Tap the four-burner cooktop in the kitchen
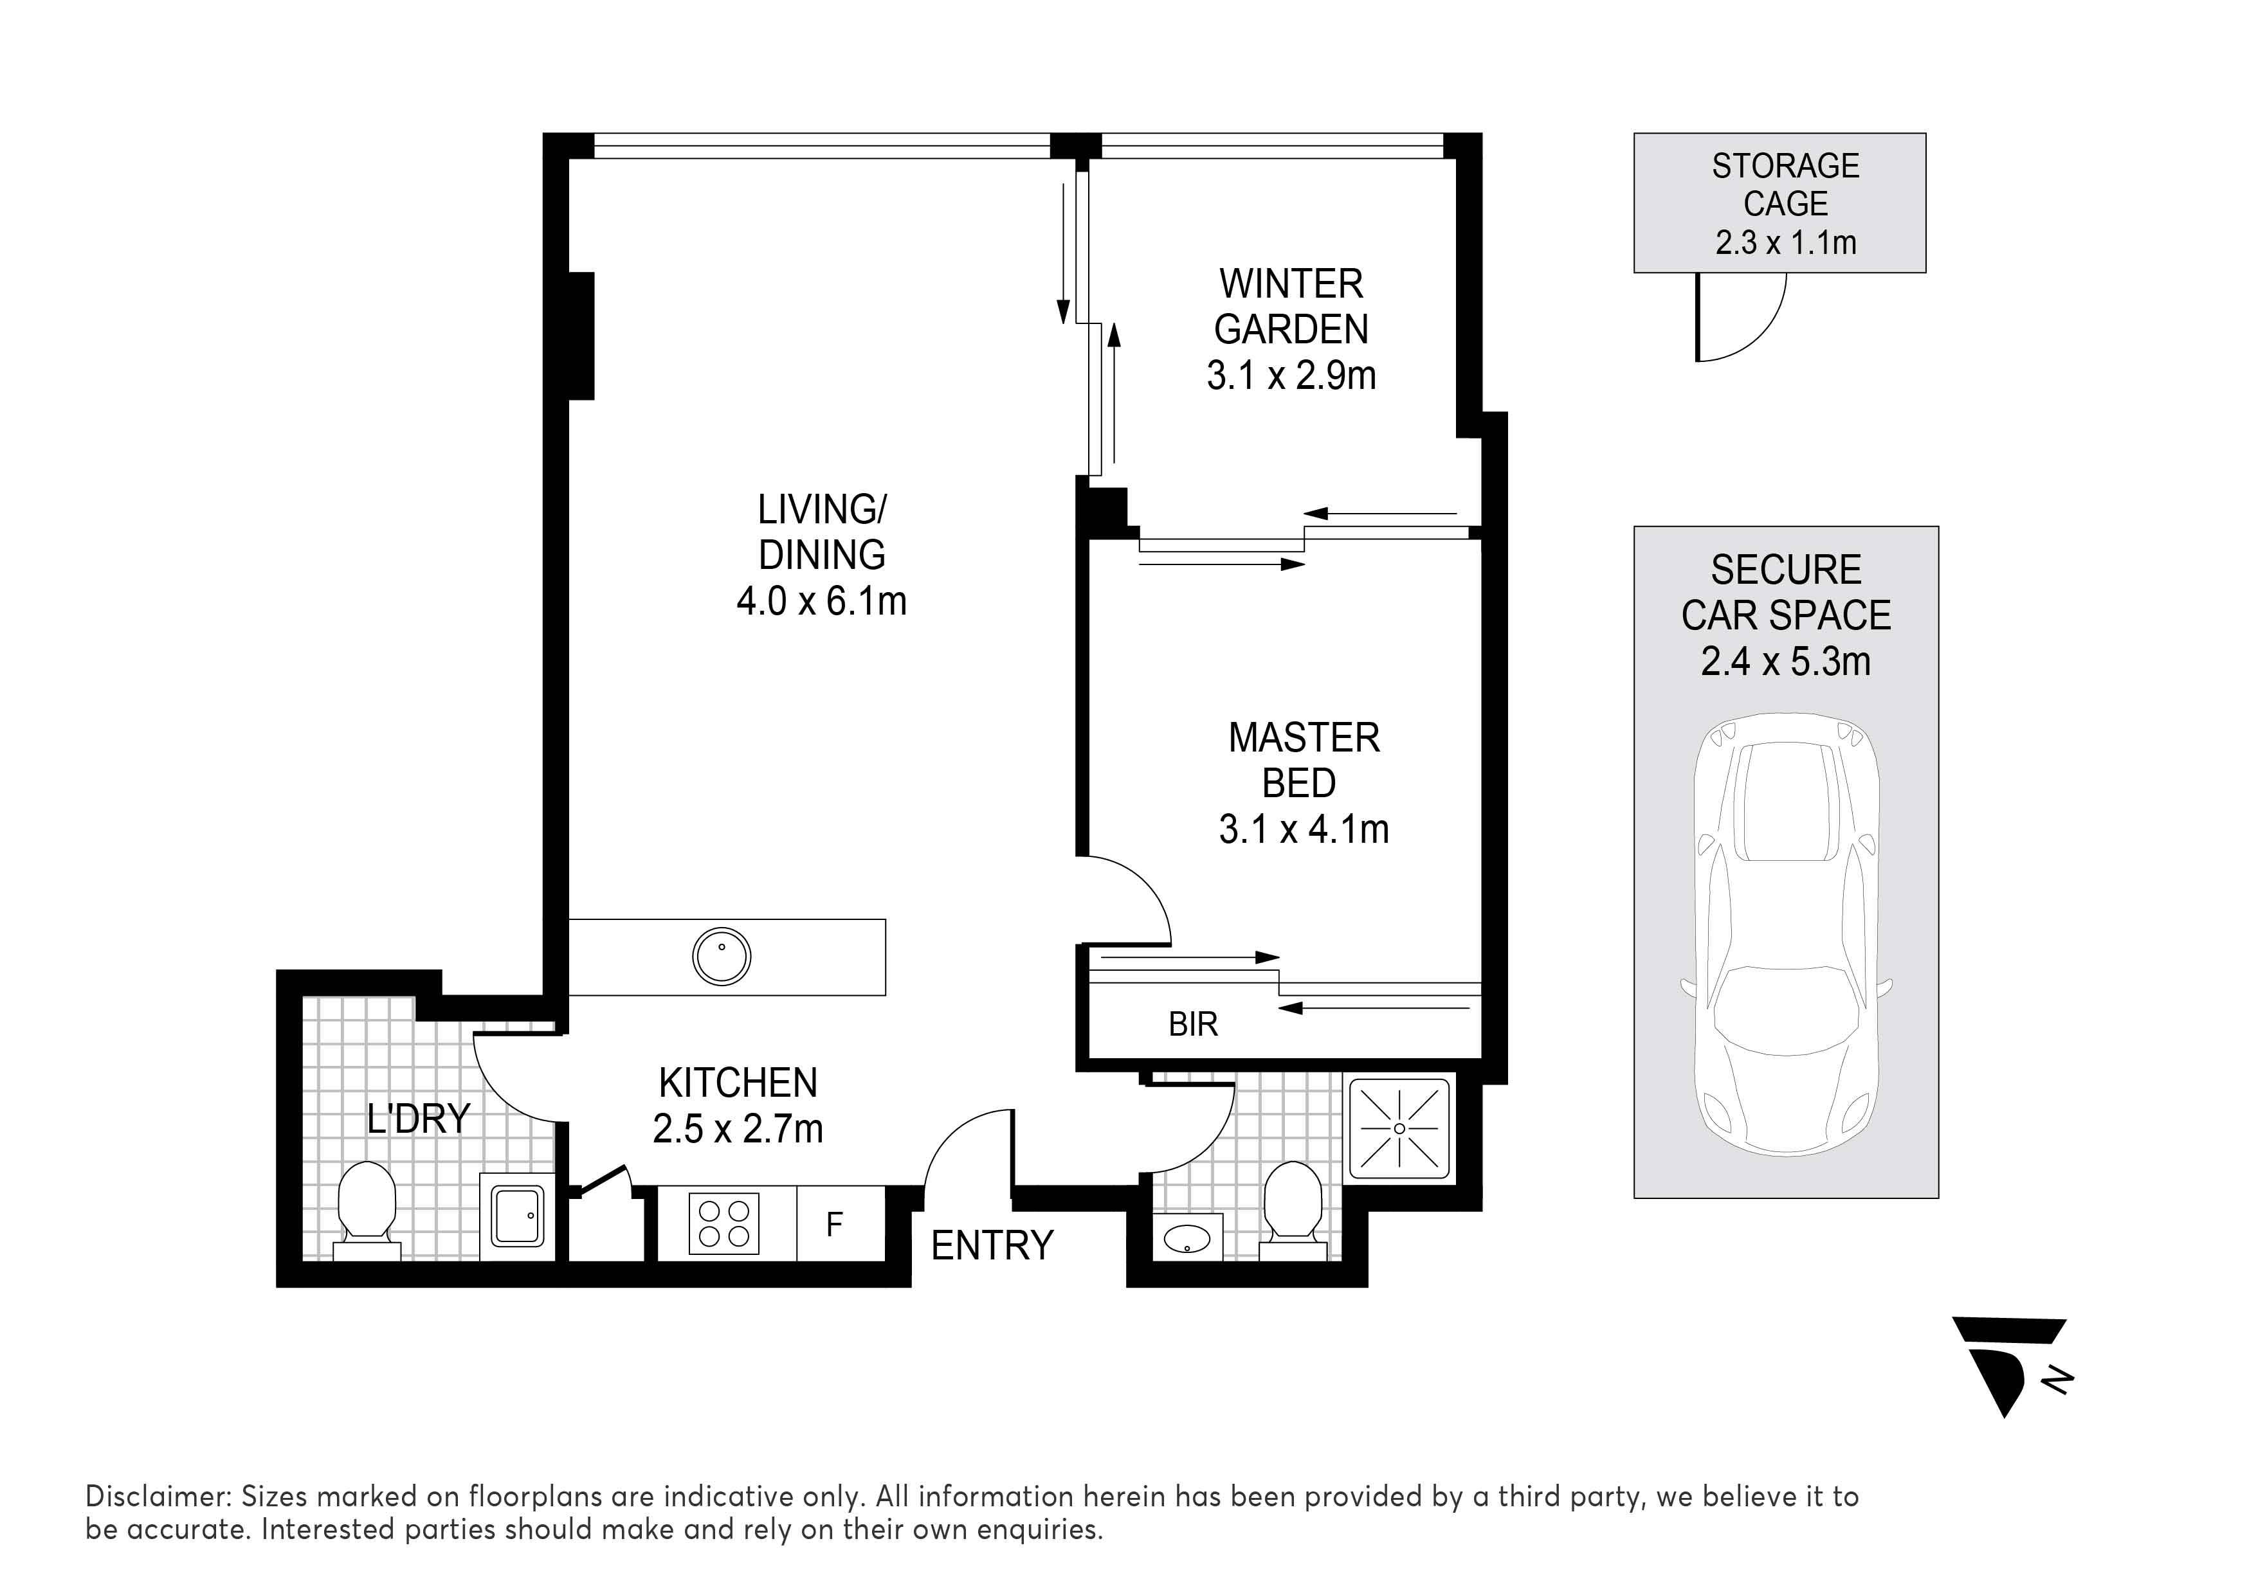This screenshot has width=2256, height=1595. pos(724,1224)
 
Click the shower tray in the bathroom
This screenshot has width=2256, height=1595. pos(1399,1128)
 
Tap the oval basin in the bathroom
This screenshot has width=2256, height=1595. pos(1188,1240)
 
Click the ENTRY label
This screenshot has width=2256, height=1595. pos(992,1247)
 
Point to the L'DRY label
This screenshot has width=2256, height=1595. pos(419,1119)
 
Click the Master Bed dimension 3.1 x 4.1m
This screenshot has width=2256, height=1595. pos(1304,830)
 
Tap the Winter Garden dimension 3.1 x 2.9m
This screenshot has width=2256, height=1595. pos(1291,376)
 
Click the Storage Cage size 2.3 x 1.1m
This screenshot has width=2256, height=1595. pos(1785,242)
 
